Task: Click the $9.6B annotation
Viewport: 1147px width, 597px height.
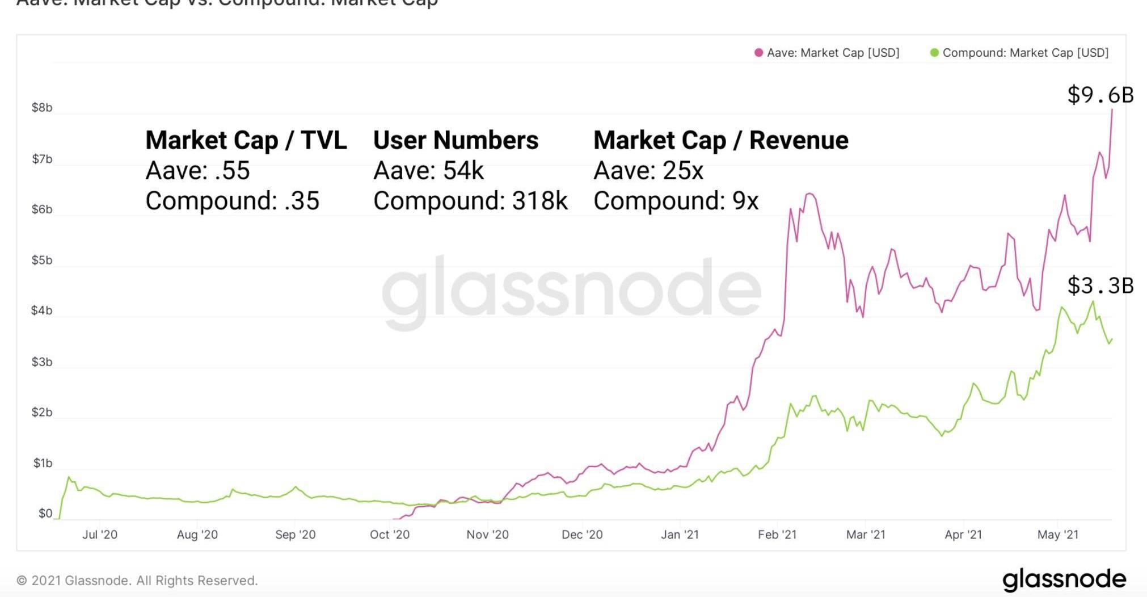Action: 1100,95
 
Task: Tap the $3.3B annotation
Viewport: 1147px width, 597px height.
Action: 1100,285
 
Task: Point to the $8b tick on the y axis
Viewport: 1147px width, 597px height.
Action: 42,108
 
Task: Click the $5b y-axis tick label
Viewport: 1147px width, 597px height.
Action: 42,260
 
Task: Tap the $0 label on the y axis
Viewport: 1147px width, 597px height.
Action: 45,514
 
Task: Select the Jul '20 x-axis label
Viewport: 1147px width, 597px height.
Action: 100,535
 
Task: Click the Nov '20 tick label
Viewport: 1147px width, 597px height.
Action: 487,535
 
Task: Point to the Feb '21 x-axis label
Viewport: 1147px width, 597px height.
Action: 777,535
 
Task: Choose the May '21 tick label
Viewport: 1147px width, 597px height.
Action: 1057,535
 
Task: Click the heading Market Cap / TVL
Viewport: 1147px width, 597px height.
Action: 246,140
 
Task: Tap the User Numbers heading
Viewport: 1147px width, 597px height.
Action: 456,140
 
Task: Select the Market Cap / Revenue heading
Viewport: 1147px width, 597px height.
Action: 720,140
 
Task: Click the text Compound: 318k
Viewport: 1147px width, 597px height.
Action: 470,201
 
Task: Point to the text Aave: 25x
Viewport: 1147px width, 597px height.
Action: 648,171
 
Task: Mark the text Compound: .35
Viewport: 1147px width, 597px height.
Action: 233,201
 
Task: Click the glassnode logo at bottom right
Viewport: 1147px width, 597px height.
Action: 1064,579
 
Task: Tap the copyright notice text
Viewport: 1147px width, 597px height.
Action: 137,581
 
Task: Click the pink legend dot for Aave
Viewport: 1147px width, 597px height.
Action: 758,53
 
